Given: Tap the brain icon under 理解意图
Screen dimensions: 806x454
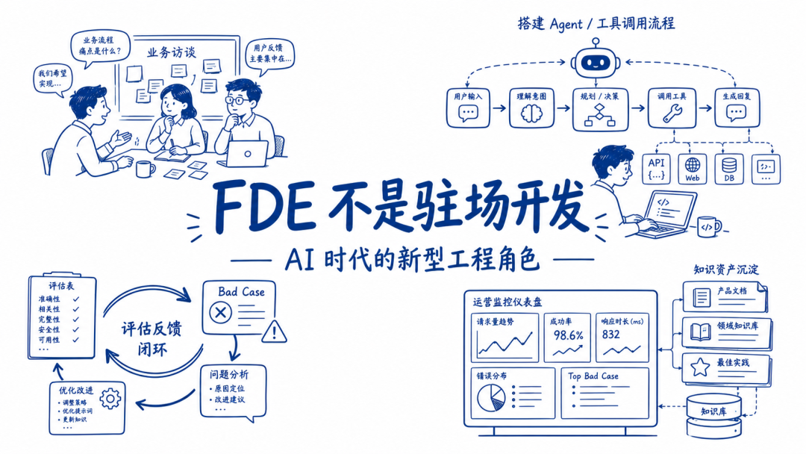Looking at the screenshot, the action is click(x=531, y=113).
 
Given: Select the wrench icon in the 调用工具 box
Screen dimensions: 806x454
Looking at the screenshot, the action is click(x=672, y=113).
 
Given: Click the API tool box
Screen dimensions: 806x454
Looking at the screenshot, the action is click(x=657, y=168).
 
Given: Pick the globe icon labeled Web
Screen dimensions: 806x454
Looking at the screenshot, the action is click(x=693, y=165).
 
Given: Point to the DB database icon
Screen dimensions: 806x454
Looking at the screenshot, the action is click(x=729, y=166).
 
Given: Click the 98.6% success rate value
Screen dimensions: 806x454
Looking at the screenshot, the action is click(x=568, y=335).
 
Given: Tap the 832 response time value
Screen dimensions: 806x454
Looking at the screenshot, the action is click(x=610, y=335).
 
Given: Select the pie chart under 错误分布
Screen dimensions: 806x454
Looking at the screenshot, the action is click(x=490, y=397).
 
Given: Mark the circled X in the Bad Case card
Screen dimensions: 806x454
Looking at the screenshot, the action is click(x=220, y=312).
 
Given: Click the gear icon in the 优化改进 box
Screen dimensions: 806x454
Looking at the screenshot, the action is click(x=110, y=399).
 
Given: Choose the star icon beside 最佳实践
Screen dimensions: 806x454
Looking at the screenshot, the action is click(x=699, y=367).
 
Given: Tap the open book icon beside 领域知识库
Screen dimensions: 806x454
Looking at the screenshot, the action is click(x=700, y=332).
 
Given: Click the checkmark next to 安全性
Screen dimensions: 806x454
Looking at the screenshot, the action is click(x=76, y=329).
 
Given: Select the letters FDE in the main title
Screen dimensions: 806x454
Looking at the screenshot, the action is click(x=264, y=205).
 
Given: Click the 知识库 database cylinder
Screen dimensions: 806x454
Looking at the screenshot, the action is click(x=714, y=416).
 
